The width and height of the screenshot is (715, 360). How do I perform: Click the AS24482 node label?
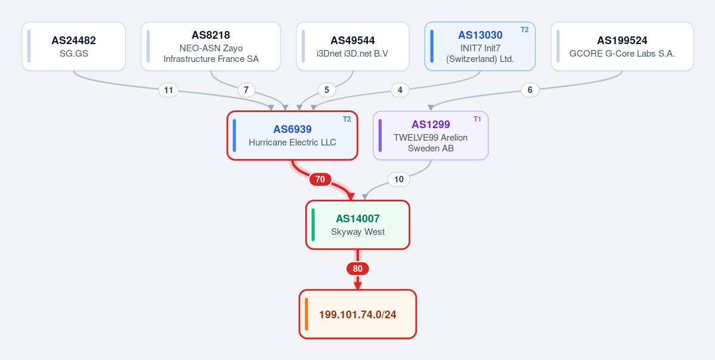tap(73, 41)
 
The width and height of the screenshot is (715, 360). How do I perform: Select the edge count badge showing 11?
tap(169, 90)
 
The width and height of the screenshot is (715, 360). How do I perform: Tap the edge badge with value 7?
tap(246, 90)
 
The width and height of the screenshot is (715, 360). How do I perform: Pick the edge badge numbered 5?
tap(327, 90)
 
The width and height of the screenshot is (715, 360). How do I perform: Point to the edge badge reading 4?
tap(400, 90)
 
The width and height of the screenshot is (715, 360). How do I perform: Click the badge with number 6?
tap(530, 90)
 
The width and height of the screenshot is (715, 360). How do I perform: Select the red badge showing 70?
tap(320, 179)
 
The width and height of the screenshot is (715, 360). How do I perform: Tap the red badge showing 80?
tap(358, 269)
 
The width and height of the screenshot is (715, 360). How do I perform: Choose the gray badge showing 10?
tap(399, 179)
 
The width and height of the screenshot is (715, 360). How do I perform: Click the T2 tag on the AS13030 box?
tap(525, 30)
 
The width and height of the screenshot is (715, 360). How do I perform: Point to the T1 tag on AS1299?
tap(478, 119)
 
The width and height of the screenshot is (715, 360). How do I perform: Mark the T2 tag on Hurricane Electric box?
tap(347, 119)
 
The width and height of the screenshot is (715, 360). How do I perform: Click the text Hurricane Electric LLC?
tap(292, 142)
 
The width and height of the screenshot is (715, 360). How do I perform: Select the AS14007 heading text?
tap(358, 219)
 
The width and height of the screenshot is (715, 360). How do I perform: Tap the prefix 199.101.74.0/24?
tap(358, 315)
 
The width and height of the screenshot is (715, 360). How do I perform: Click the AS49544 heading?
tap(353, 41)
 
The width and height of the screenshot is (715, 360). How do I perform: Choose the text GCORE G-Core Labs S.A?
tap(623, 53)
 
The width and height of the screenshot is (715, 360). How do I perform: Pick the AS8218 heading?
tap(211, 35)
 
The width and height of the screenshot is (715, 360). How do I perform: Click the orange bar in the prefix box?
tap(307, 314)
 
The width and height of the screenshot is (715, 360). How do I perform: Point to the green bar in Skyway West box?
tap(313, 225)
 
